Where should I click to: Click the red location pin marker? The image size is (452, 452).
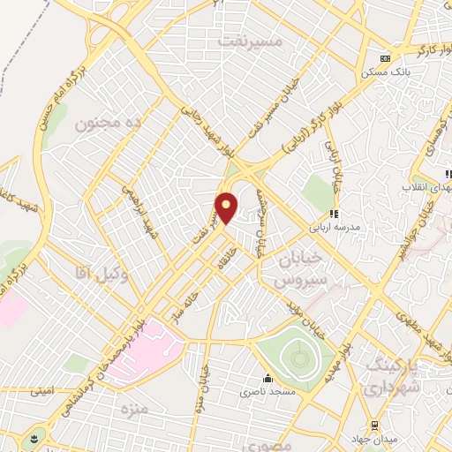click(227, 207)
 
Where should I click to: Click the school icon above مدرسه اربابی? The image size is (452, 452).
click(334, 212)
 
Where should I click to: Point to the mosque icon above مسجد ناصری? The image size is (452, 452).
click(264, 374)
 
